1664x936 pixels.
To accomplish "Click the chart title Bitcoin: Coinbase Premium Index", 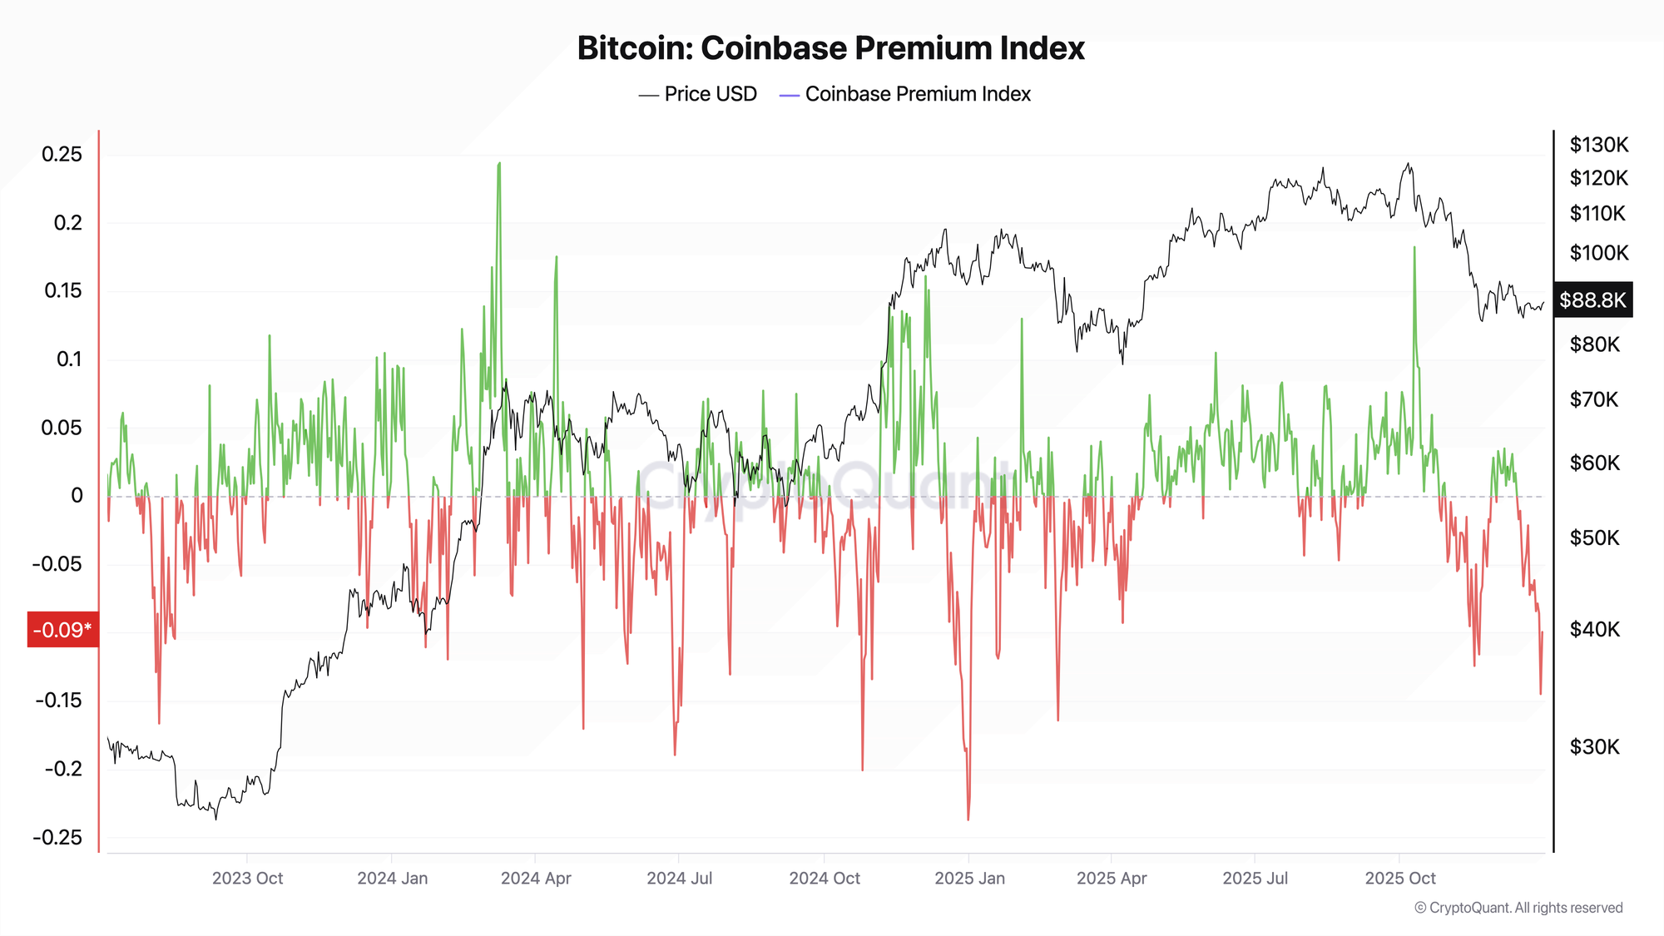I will [830, 48].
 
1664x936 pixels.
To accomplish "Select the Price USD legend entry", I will [698, 94].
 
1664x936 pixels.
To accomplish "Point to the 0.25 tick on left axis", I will [62, 154].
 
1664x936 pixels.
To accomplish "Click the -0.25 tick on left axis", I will [58, 837].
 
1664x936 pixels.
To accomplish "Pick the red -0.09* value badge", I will [62, 630].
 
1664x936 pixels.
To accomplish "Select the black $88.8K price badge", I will [1592, 300].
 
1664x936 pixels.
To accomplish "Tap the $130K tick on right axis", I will [1598, 145].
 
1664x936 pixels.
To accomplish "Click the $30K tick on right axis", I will [1594, 746].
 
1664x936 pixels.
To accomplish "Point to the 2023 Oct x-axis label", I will [247, 878].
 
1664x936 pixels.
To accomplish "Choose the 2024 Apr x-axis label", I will [536, 878].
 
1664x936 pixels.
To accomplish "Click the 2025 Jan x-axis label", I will [969, 878].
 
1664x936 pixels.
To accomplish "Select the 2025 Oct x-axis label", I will [1400, 878].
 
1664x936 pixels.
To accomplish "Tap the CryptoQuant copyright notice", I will [1518, 908].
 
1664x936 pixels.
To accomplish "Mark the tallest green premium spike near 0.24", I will [499, 165].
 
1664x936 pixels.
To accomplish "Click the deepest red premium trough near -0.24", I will [968, 819].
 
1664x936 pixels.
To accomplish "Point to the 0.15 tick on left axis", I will [62, 290].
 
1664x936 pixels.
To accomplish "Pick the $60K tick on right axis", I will [1594, 463].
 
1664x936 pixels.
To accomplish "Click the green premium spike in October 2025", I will [1414, 249].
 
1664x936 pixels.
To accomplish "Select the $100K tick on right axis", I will [1598, 252].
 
